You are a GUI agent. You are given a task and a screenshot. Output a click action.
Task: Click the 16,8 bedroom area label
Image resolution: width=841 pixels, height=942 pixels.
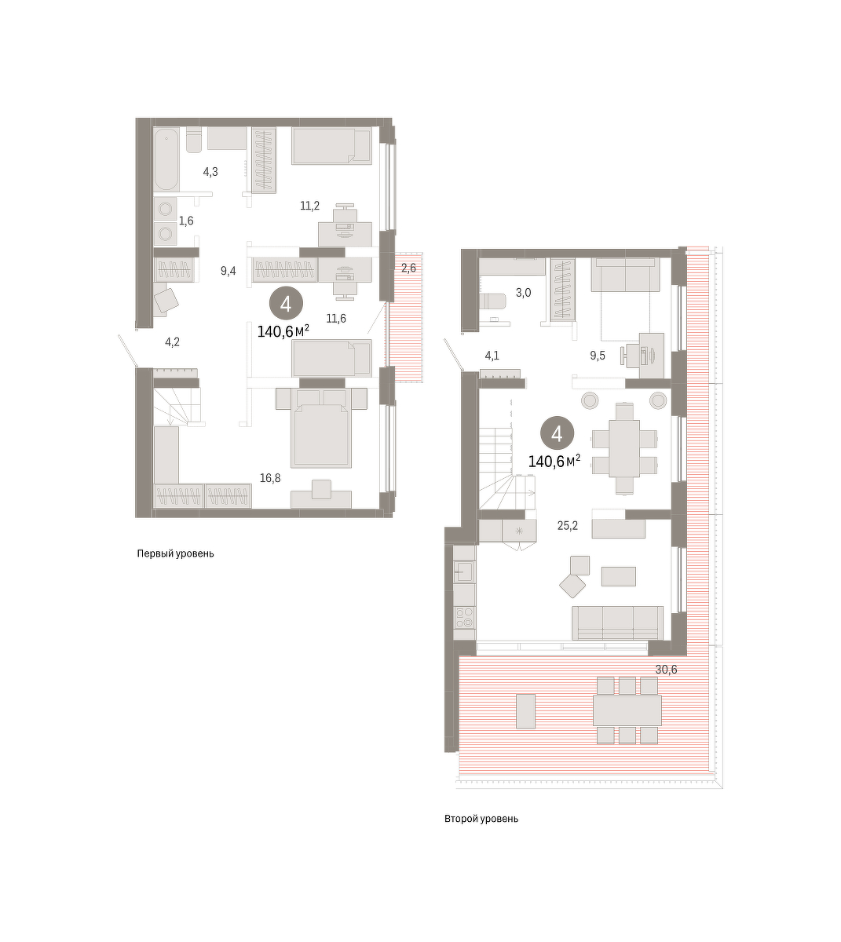(x=270, y=478)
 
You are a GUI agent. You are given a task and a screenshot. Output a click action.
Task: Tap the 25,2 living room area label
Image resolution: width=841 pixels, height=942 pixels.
(x=568, y=525)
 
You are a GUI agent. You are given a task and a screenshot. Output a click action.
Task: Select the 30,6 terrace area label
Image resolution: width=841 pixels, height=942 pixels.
(x=666, y=670)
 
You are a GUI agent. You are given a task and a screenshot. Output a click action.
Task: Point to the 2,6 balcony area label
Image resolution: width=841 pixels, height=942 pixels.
(x=408, y=268)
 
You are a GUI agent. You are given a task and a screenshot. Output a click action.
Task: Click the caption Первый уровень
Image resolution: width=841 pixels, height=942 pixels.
(x=175, y=553)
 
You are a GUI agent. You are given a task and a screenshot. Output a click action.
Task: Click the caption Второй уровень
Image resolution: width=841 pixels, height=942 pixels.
(x=481, y=819)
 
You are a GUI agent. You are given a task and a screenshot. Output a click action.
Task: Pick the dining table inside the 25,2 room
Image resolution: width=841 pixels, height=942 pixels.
(x=624, y=448)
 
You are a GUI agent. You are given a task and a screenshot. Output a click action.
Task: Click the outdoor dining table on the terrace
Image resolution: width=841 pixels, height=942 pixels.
(x=627, y=710)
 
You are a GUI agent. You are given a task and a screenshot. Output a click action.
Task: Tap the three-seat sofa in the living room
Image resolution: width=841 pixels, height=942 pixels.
(x=618, y=623)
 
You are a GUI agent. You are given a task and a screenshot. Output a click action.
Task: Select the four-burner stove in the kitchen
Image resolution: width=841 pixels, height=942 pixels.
(x=464, y=618)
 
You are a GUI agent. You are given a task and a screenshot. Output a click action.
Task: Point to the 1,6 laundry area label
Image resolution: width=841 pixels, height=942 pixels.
(x=186, y=221)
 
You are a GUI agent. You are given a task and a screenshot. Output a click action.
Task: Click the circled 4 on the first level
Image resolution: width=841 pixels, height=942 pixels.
(x=286, y=305)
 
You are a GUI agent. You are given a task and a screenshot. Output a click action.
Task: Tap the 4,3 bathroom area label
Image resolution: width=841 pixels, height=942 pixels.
(x=210, y=172)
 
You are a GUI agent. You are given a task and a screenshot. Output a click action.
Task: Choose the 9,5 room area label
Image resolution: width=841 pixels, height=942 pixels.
(x=598, y=356)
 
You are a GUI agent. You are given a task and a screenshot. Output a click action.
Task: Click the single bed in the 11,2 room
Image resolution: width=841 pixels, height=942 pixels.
(x=332, y=147)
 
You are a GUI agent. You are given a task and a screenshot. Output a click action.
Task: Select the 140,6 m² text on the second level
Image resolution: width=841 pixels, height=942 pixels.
(x=554, y=462)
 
